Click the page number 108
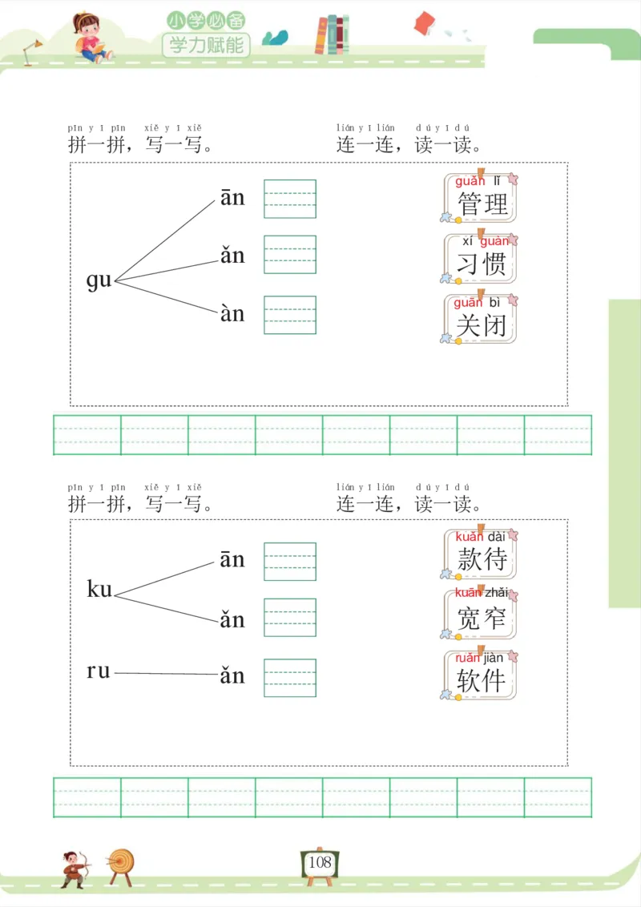coord(320,863)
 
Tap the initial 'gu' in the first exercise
coord(99,280)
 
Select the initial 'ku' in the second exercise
coord(99,590)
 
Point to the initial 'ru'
coord(99,671)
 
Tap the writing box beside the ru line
coord(290,677)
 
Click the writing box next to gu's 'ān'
coord(290,199)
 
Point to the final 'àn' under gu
coord(232,313)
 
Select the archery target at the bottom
coord(122,864)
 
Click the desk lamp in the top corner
coord(32,51)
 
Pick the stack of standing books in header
coord(332,35)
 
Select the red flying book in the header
coord(424,23)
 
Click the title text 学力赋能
coord(206,44)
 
